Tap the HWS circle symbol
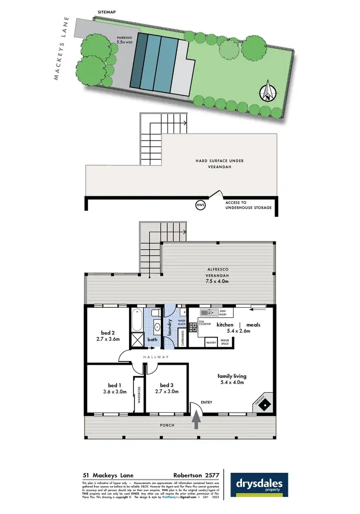click(201, 205)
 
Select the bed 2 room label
click(108, 333)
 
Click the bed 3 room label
click(166, 385)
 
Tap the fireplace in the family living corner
click(264, 405)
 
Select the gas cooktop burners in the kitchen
click(193, 327)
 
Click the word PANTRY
click(211, 343)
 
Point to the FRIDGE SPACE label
click(225, 343)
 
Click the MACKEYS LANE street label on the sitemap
click(62, 48)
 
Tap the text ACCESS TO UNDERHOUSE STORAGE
click(249, 205)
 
